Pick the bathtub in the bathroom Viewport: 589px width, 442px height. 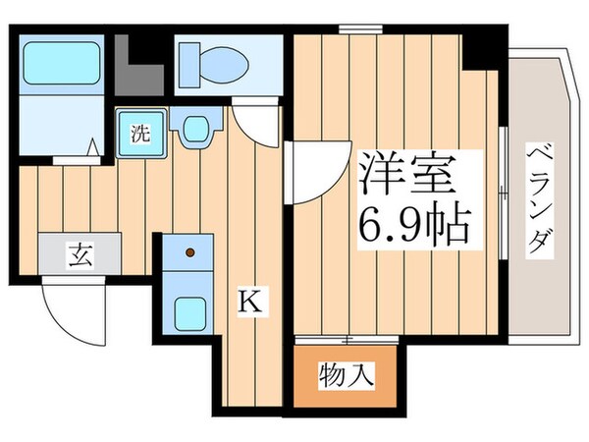tap(61, 64)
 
